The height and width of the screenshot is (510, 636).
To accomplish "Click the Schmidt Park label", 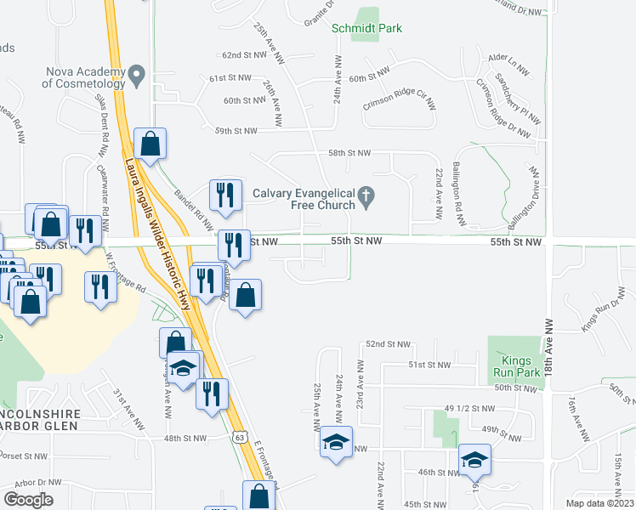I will pos(366,28).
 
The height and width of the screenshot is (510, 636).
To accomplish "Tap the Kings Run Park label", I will pos(514,368).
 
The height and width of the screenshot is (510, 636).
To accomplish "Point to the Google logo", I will pos(29,499).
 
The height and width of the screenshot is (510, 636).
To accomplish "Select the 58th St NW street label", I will pos(350,153).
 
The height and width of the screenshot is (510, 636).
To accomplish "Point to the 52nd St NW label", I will pos(387,344).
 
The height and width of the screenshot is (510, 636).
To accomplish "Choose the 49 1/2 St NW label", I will pos(468,407).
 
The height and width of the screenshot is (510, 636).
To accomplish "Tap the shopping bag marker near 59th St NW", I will pos(150,144).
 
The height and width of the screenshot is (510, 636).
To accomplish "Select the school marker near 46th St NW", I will pos(474,460).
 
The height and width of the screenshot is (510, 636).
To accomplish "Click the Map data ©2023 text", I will pos(600,503).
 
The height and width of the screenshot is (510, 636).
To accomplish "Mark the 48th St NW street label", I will pos(185,439).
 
